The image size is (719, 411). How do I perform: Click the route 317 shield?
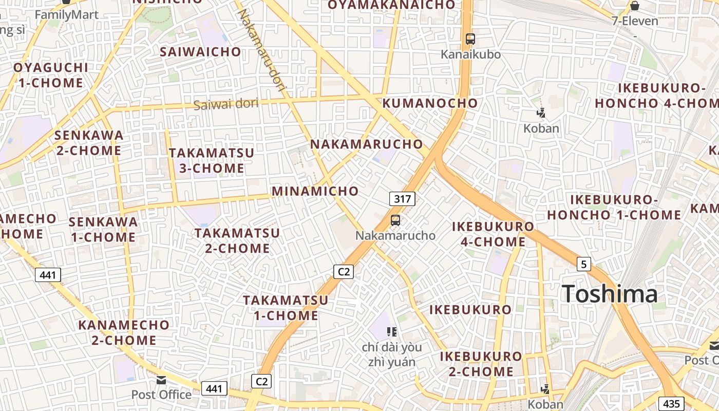click(x=402, y=199)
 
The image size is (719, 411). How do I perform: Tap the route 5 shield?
click(x=583, y=264)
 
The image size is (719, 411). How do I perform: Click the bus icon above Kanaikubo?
click(x=470, y=39)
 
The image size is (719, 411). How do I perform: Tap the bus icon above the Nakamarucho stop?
click(x=395, y=220)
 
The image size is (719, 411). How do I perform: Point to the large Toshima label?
click(x=610, y=294)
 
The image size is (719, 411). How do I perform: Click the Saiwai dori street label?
click(x=225, y=104)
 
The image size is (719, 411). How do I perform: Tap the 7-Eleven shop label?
click(x=635, y=21)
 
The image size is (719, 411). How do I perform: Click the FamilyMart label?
click(x=66, y=14)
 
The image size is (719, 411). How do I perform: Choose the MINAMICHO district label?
click(x=315, y=191)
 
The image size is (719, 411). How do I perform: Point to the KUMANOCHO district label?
click(x=430, y=103)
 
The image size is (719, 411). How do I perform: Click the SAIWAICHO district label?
click(x=200, y=51)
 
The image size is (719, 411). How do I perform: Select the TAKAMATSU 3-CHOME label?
click(x=211, y=160)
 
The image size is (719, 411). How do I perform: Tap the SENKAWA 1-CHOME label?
click(x=103, y=229)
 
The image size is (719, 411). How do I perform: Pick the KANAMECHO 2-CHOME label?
click(x=124, y=332)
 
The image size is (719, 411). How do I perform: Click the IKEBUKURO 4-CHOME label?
click(x=493, y=234)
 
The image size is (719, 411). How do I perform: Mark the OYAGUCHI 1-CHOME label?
click(x=51, y=75)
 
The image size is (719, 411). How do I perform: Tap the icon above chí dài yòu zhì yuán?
click(x=392, y=331)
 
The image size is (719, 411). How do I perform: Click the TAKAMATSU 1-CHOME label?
click(x=286, y=307)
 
